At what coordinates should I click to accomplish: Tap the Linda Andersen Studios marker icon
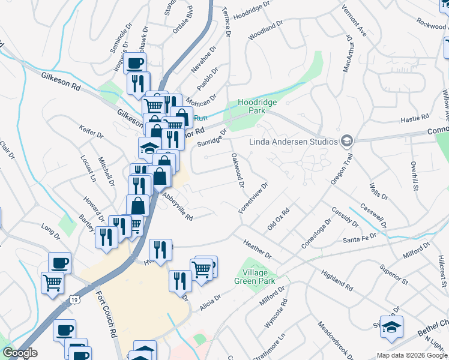coord(346,142)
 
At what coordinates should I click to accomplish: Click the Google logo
coord(19,353)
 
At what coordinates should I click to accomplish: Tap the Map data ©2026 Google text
coord(412,355)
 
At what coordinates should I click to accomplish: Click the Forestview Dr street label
coord(253,197)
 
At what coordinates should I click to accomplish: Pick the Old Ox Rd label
coord(279,220)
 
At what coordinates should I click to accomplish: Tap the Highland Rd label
coord(337,277)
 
